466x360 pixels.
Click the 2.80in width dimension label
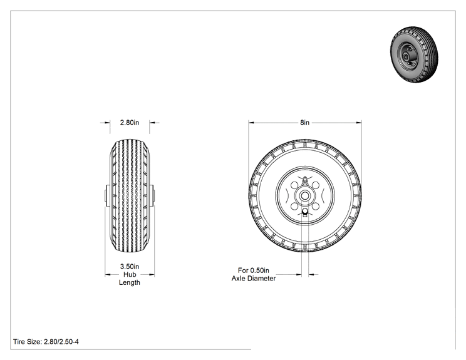[x=129, y=122]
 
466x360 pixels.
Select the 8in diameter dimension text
[x=304, y=122]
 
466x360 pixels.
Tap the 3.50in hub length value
[x=130, y=267]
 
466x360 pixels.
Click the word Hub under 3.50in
[x=130, y=274]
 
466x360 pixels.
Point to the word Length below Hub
[x=130, y=282]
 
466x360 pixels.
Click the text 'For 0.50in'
[x=254, y=270]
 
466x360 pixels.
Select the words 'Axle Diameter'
[x=254, y=279]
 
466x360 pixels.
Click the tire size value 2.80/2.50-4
[x=61, y=342]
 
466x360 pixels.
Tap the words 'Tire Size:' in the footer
[x=28, y=342]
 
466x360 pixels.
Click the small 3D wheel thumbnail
[x=414, y=54]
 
